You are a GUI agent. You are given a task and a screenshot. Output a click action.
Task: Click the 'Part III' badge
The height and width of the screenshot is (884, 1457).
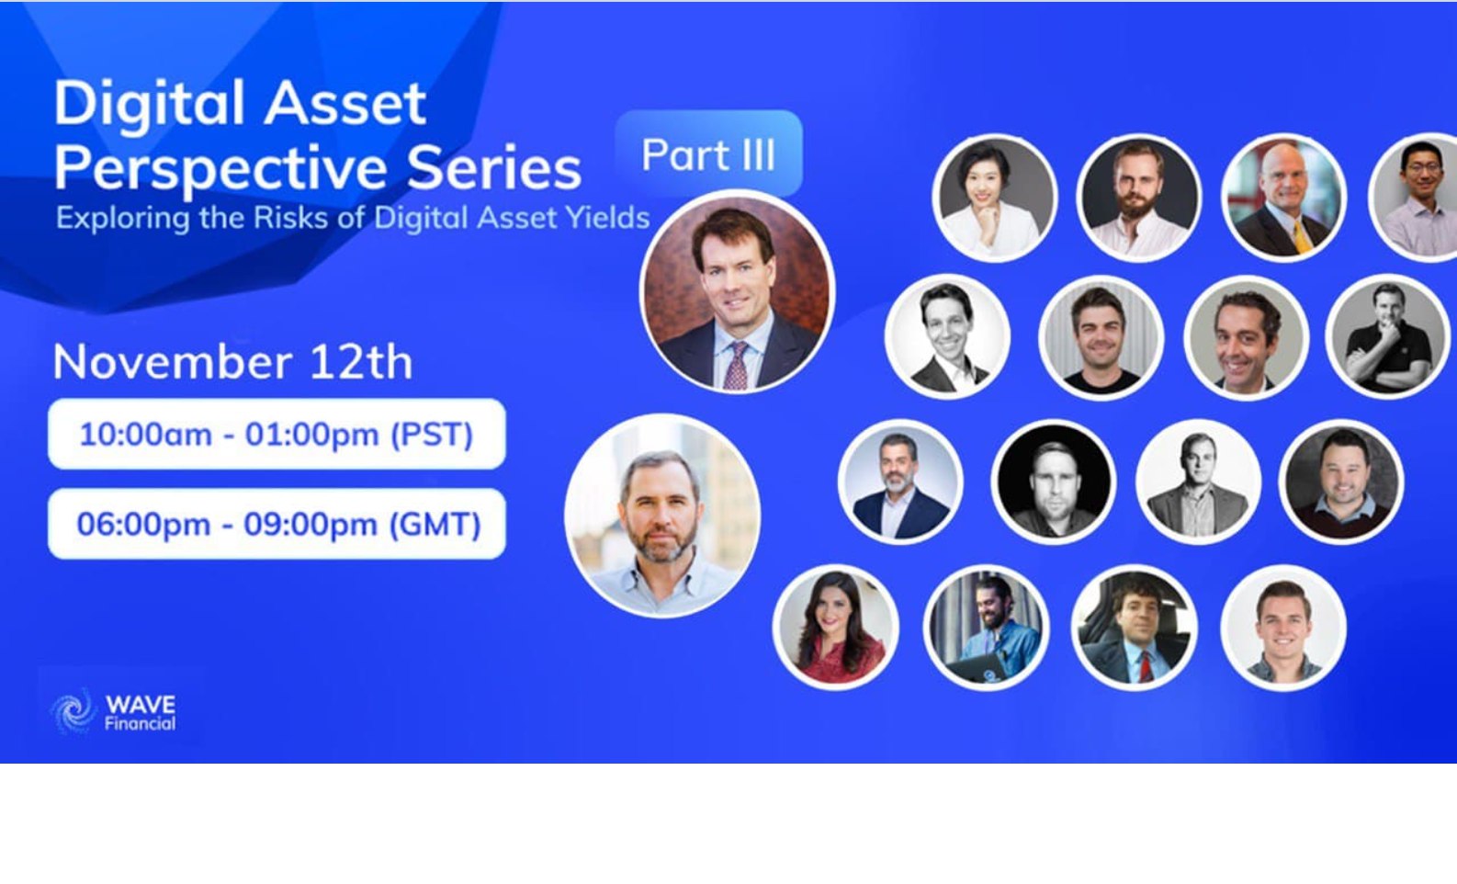708,154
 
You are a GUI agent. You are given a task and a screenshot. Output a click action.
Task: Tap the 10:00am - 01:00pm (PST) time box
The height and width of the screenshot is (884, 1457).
277,434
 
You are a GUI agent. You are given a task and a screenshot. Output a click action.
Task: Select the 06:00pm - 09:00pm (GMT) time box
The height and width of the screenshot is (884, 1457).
277,524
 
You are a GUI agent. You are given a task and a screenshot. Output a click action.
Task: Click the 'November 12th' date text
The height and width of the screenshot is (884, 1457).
232,361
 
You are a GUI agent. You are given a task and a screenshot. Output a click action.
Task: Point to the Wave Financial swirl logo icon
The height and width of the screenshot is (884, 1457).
73,712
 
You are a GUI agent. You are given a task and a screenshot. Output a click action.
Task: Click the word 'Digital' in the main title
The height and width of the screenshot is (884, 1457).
151,104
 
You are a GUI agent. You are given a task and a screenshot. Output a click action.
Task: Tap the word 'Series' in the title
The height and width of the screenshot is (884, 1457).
494,167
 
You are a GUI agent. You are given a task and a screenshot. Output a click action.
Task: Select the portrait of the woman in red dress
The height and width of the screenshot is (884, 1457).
836,627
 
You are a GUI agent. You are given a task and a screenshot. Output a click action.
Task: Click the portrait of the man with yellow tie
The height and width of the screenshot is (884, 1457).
1284,198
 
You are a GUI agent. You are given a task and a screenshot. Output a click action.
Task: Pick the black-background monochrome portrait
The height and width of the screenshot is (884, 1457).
1053,482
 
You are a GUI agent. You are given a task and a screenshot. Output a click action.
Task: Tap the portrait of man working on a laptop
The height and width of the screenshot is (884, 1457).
986,627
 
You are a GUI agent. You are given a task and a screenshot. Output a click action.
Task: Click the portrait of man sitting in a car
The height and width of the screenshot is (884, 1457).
1135,627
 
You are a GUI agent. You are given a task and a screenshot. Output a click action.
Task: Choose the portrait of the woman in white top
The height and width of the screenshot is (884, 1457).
995,198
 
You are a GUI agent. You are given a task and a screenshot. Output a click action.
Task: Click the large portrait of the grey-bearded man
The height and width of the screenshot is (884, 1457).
662,516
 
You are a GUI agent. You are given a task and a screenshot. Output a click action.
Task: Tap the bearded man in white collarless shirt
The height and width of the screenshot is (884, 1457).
1139,198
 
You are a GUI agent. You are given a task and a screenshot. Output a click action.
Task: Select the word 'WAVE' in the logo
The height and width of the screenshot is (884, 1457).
140,705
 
